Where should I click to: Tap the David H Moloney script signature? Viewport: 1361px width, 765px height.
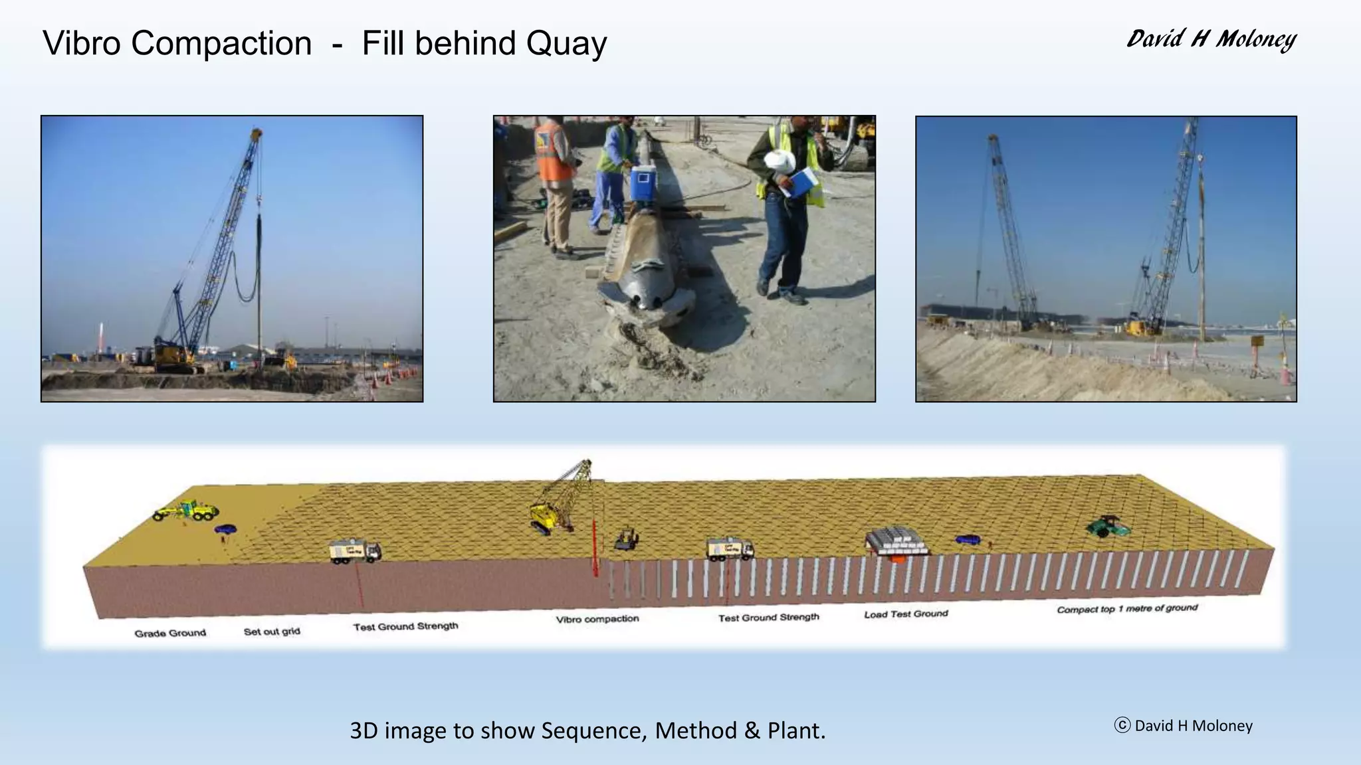pyautogui.click(x=1211, y=40)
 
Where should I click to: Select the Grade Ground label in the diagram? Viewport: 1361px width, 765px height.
pyautogui.click(x=170, y=633)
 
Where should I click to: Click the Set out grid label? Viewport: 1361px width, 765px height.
pyautogui.click(x=272, y=631)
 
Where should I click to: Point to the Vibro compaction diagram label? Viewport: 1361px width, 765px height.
pyautogui.click(x=597, y=619)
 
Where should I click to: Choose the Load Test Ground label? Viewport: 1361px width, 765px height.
pyautogui.click(x=906, y=614)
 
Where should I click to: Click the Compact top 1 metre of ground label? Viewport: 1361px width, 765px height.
pyautogui.click(x=1127, y=608)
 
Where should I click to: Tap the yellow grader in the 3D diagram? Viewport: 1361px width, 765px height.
pyautogui.click(x=186, y=511)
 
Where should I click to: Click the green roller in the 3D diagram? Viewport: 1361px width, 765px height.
pyautogui.click(x=1108, y=527)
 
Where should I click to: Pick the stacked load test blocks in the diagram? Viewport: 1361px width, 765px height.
pyautogui.click(x=896, y=541)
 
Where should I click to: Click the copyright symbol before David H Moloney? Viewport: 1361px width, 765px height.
pyautogui.click(x=1122, y=725)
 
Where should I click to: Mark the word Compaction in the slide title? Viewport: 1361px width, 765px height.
pyautogui.click(x=221, y=44)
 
